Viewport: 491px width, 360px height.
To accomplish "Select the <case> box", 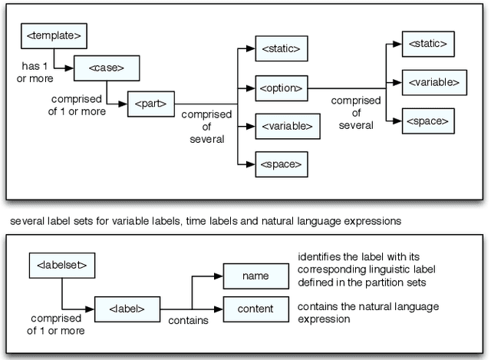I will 107,68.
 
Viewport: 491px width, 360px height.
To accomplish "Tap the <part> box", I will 151,102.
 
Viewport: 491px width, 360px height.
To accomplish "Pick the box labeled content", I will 254,309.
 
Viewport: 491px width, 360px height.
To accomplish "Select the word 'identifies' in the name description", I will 318,256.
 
